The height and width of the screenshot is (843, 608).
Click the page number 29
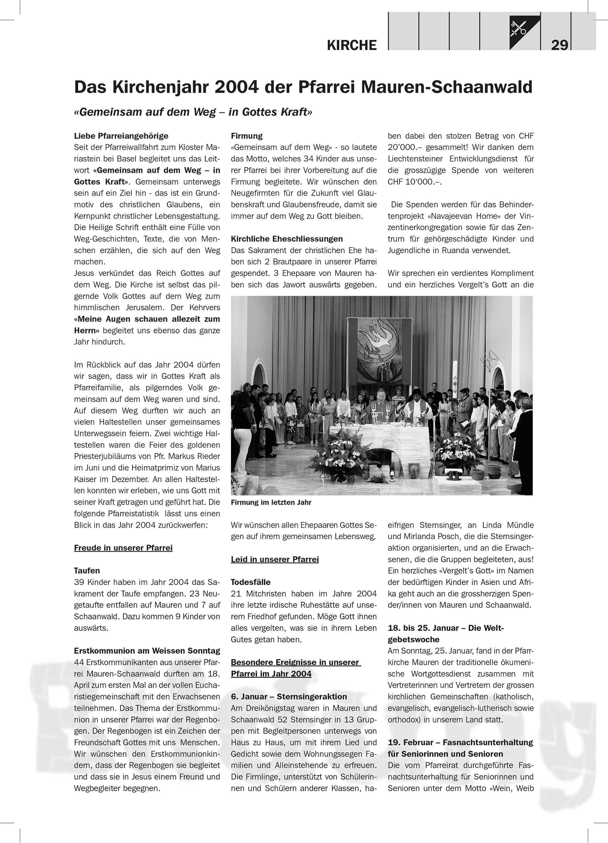pyautogui.click(x=559, y=45)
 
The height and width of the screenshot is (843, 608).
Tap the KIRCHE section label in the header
pyautogui.click(x=351, y=45)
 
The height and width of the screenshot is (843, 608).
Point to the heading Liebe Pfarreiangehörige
pyautogui.click(x=121, y=136)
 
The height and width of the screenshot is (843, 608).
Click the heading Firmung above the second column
pyautogui.click(x=247, y=136)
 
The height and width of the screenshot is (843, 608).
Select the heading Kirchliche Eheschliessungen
pyautogui.click(x=287, y=239)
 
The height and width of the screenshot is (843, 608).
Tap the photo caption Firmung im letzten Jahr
pyautogui.click(x=271, y=502)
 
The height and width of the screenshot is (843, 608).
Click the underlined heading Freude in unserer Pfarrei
pyautogui.click(x=123, y=548)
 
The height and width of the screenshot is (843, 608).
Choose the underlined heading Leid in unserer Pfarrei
pyautogui.click(x=275, y=559)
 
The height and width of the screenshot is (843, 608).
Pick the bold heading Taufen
pyautogui.click(x=87, y=570)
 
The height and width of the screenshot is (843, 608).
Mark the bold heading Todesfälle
pyautogui.click(x=250, y=582)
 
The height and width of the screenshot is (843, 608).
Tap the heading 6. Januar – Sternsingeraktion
pyautogui.click(x=289, y=696)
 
